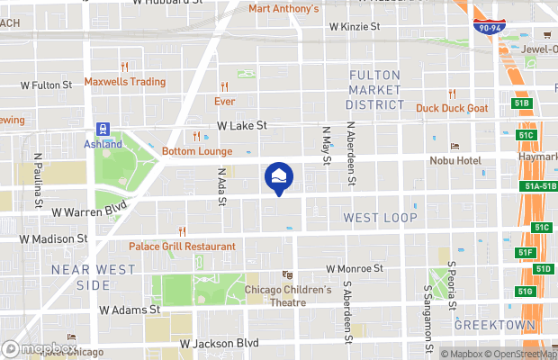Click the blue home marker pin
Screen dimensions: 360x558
279,177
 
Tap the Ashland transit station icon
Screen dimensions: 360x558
104,130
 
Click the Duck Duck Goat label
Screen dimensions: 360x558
452,108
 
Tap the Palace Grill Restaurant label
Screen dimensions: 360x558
182,246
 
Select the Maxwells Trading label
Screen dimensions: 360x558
125,82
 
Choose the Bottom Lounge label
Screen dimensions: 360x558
197,151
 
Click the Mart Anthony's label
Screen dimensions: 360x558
283,9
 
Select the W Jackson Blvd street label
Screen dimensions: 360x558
219,343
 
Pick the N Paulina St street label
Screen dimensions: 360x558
38,179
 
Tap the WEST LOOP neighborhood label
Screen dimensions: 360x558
381,218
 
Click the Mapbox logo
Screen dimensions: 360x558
40,348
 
